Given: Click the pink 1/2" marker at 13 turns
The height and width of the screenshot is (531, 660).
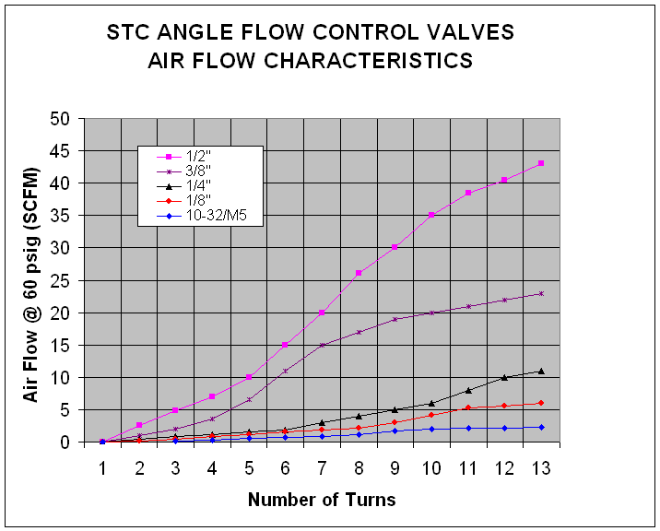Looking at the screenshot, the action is [541, 163].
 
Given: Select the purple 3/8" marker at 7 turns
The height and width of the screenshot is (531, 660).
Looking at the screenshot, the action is [322, 346].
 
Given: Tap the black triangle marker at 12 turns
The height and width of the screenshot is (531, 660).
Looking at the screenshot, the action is [504, 377].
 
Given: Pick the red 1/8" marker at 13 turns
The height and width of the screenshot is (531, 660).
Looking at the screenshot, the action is [541, 403].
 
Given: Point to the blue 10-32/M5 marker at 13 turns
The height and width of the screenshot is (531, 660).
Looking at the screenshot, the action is [541, 428].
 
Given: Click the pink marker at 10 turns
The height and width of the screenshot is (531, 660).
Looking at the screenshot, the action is [431, 215].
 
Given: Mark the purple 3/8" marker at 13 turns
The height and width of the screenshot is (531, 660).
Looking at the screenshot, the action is [541, 293].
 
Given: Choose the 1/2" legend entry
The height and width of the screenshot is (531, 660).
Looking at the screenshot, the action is [183, 157].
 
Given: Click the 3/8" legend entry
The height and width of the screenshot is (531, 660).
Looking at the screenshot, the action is [183, 171].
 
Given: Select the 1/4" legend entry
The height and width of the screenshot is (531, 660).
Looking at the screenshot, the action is [183, 186].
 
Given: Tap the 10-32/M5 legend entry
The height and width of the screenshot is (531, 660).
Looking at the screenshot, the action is [201, 216].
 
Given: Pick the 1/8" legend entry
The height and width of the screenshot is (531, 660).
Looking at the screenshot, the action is [183, 201].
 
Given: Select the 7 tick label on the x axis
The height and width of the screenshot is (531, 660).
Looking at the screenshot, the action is [322, 468].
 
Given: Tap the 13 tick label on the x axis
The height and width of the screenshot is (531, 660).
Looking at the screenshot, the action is [541, 468].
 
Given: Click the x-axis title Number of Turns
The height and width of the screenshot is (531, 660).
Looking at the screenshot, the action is [322, 500].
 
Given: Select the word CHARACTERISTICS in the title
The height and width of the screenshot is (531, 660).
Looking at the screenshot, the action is [369, 61].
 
